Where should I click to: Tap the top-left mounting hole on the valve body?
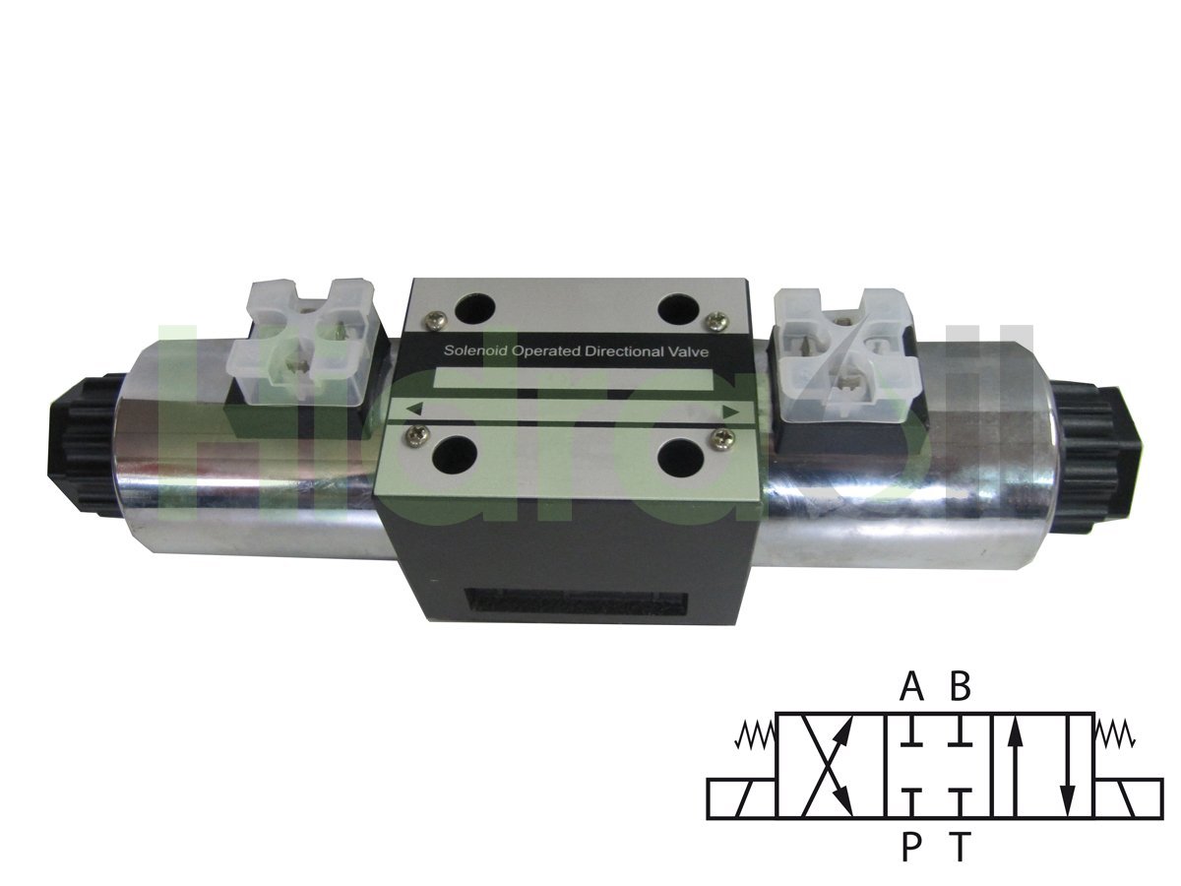click(475, 307)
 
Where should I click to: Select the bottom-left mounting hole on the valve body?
click(455, 455)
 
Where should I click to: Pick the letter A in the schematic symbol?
click(912, 686)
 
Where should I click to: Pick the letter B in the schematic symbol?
click(960, 686)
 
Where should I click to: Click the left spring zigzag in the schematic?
click(755, 733)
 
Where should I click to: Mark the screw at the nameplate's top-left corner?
click(434, 318)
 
